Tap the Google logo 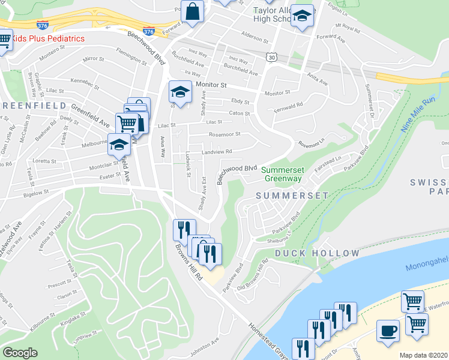20,353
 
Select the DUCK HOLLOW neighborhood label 317,253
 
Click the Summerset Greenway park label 282,174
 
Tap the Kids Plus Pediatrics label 45,38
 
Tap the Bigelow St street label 35,193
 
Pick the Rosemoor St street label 224,134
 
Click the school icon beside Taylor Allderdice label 303,17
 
